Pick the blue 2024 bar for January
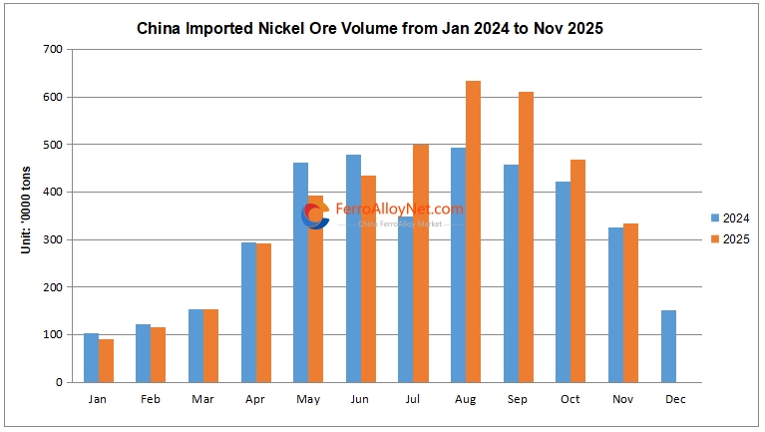point(91,358)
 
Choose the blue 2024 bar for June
point(353,268)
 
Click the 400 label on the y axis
point(50,192)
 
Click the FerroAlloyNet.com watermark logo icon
point(315,215)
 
